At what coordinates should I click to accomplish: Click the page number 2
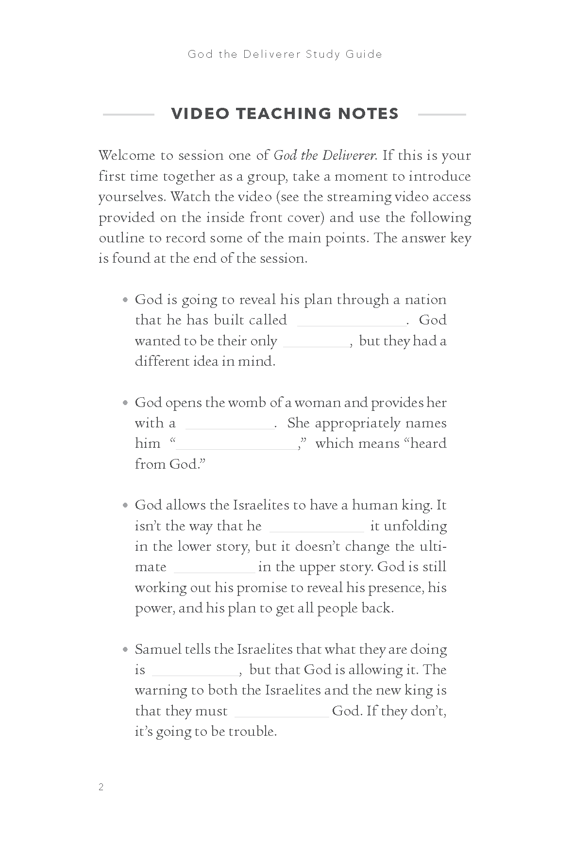pyautogui.click(x=101, y=787)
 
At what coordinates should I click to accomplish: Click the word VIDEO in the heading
pyautogui.click(x=200, y=114)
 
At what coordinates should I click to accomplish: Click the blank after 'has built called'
pyautogui.click(x=352, y=323)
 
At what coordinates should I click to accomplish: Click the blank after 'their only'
pyautogui.click(x=316, y=345)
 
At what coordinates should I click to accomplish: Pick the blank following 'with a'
pyautogui.click(x=230, y=426)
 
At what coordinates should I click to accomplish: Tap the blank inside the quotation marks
pyautogui.click(x=236, y=447)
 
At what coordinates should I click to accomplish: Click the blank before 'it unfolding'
pyautogui.click(x=316, y=529)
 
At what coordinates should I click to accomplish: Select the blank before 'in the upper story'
pyautogui.click(x=214, y=570)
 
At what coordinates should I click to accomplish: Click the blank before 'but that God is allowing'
pyautogui.click(x=195, y=673)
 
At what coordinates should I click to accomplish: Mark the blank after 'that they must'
pyautogui.click(x=282, y=714)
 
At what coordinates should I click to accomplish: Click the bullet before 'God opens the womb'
pyautogui.click(x=125, y=403)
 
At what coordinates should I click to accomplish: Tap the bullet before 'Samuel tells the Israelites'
pyautogui.click(x=125, y=650)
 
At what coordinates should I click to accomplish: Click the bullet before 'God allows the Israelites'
pyautogui.click(x=125, y=506)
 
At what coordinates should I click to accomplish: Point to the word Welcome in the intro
pyautogui.click(x=127, y=155)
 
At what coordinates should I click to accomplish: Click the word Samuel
pyautogui.click(x=158, y=649)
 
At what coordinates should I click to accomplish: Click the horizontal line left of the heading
pyautogui.click(x=128, y=115)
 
